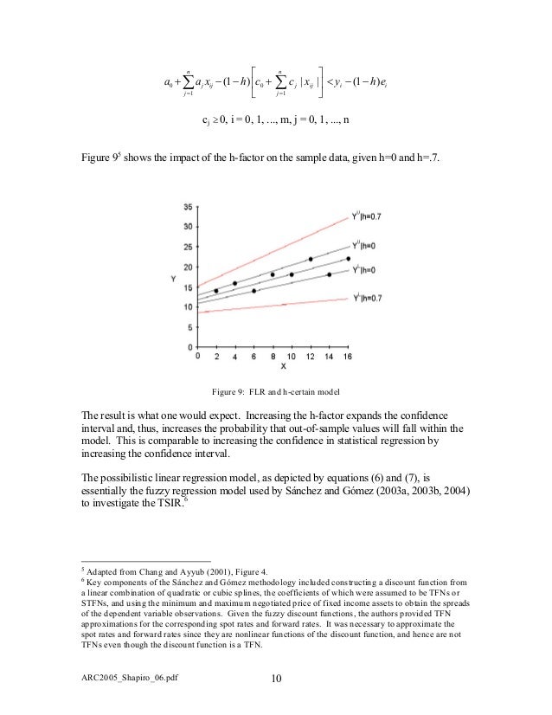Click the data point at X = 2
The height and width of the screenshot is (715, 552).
[x=216, y=291]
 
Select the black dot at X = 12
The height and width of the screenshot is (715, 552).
[x=311, y=259]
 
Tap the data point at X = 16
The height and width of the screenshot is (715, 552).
[x=349, y=258]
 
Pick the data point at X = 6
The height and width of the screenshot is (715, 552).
[x=254, y=291]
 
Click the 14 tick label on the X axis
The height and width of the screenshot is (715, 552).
[x=329, y=356]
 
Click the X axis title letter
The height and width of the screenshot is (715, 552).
[x=273, y=367]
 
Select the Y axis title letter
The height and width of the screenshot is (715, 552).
[x=174, y=279]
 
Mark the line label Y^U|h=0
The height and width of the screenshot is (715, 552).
[x=368, y=246]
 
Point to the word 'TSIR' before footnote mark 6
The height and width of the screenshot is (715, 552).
[x=164, y=517]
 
